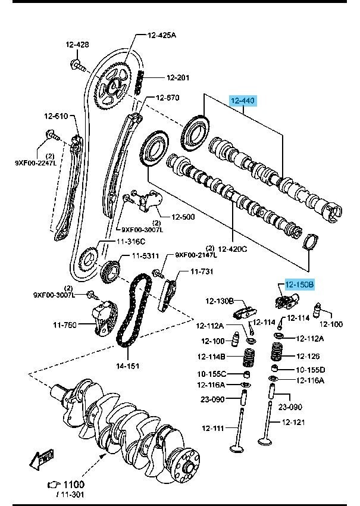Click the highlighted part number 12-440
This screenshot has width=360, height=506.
[243, 101]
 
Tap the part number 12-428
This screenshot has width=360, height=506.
[77, 45]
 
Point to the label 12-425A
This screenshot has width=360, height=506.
[162, 36]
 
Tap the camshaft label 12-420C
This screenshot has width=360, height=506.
[233, 248]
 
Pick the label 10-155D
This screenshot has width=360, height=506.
[311, 369]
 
